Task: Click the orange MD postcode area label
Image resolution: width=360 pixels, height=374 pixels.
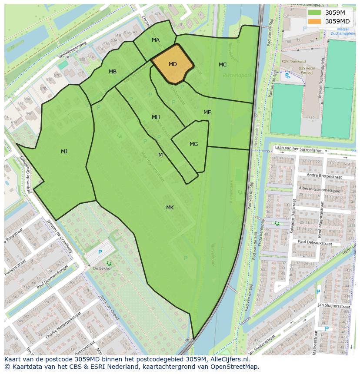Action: (x=173, y=64)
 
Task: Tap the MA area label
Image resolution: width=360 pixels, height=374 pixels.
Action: (x=156, y=40)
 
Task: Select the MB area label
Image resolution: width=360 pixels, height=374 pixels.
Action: (x=113, y=72)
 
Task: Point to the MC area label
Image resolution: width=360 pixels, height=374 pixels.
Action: (x=223, y=65)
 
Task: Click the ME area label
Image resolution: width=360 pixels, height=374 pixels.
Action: (x=207, y=113)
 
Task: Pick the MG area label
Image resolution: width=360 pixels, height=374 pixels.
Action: (x=194, y=144)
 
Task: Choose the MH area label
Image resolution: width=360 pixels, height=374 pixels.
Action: (x=156, y=117)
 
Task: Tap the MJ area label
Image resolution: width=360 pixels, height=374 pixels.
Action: (x=64, y=152)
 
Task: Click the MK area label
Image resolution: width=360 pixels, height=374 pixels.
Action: (x=170, y=208)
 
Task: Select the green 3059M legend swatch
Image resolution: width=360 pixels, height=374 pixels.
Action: (x=314, y=13)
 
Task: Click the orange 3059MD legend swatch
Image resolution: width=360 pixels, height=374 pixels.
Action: (x=314, y=21)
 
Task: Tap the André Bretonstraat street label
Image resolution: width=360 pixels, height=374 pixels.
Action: (x=324, y=176)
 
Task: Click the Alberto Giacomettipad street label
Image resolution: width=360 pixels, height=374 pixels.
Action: (x=320, y=190)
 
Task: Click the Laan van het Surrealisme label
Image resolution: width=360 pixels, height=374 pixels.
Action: (x=304, y=150)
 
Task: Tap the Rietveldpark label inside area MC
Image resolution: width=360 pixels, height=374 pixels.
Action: (x=237, y=75)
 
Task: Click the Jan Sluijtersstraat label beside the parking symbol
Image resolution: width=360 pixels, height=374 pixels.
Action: (x=333, y=305)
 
